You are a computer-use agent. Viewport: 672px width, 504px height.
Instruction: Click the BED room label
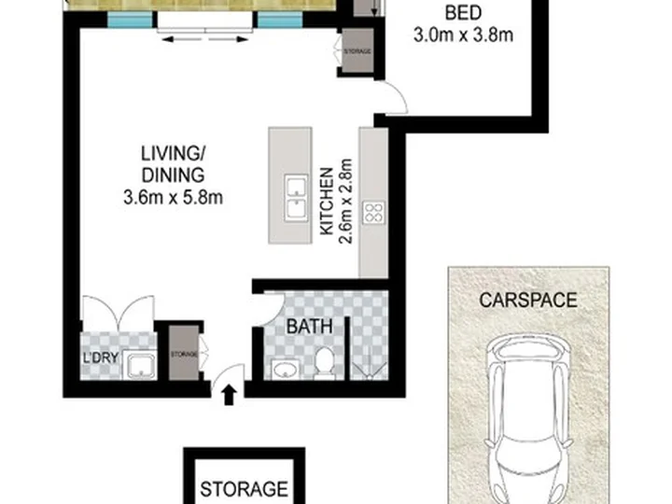pyautogui.click(x=463, y=13)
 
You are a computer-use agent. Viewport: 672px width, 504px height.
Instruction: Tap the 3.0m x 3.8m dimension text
pyautogui.click(x=463, y=35)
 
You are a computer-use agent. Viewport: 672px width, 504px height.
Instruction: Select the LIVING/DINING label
pyautogui.click(x=174, y=164)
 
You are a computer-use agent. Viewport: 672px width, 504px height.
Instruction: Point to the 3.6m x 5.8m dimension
pyautogui.click(x=174, y=198)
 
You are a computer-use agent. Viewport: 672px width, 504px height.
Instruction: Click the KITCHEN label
pyautogui.click(x=327, y=201)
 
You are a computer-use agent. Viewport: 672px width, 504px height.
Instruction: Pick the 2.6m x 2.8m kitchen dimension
pyautogui.click(x=345, y=202)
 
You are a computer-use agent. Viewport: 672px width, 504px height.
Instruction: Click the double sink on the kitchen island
pyautogui.click(x=296, y=198)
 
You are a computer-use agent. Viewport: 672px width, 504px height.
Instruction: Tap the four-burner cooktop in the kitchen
pyautogui.click(x=373, y=213)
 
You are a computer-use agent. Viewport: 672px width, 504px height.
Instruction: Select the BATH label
pyautogui.click(x=310, y=327)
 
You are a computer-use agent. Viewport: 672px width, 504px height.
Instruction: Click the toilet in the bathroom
pyautogui.click(x=324, y=362)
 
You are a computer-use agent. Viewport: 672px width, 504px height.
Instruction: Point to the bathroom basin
pyautogui.click(x=285, y=370)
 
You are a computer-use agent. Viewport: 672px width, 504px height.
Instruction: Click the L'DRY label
pyautogui.click(x=100, y=357)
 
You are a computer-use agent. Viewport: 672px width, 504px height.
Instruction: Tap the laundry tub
pyautogui.click(x=140, y=365)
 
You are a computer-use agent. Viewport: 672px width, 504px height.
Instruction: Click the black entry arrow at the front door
pyautogui.click(x=230, y=395)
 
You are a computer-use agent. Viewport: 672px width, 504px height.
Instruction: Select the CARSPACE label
pyautogui.click(x=528, y=300)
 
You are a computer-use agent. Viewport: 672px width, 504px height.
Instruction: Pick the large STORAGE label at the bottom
pyautogui.click(x=245, y=489)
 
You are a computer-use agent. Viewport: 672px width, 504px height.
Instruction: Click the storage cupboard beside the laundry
pyautogui.click(x=184, y=353)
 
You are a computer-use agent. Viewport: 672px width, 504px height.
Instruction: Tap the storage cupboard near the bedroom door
pyautogui.click(x=357, y=50)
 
